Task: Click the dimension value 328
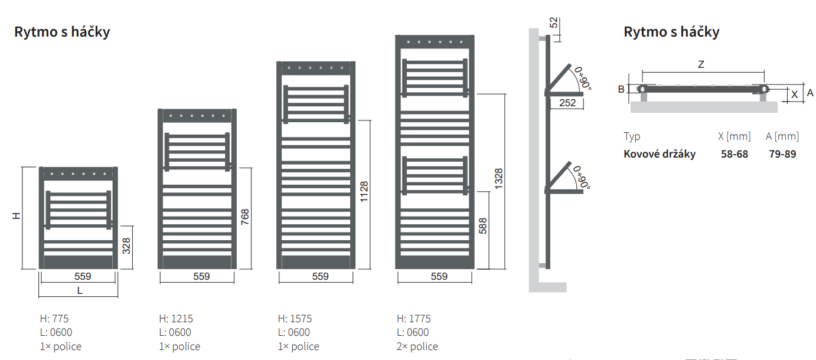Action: tap(126, 246)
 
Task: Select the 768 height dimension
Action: tap(245, 217)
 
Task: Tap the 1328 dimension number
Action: tap(499, 179)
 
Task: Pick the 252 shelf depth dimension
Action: tap(566, 103)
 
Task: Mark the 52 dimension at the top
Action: tap(554, 23)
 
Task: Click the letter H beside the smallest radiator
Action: tap(17, 217)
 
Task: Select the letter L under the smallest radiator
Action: tap(79, 290)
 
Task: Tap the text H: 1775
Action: tap(414, 319)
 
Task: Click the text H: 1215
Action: tap(176, 319)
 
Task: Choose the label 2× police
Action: tap(417, 346)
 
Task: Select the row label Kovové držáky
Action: tap(660, 154)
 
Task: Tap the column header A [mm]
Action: tap(782, 136)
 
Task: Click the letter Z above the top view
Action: tap(701, 65)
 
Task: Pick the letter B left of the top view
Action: tap(621, 89)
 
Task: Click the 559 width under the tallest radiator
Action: tap(439, 276)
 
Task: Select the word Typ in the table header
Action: tap(632, 136)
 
